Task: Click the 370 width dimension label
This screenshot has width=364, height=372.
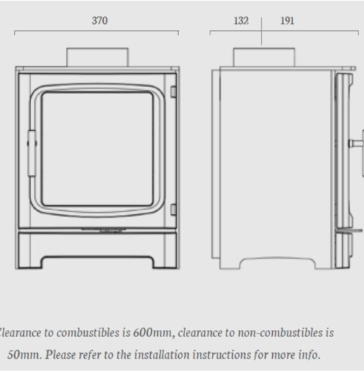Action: click(x=100, y=20)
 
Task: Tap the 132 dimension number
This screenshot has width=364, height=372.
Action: click(x=241, y=20)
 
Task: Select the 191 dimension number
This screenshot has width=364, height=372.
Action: click(x=288, y=20)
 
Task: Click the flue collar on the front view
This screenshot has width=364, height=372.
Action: click(x=97, y=57)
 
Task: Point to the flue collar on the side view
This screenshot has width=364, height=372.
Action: click(x=264, y=57)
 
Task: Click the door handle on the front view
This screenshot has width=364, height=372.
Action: click(x=32, y=153)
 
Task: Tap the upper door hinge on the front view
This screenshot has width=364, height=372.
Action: click(x=173, y=92)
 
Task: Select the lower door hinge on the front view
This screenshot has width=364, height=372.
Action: click(x=173, y=209)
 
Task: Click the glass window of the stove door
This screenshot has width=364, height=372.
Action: click(x=97, y=149)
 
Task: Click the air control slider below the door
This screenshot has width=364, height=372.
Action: click(x=102, y=230)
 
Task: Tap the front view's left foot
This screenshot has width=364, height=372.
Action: click(x=29, y=263)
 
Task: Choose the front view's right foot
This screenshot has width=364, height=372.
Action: click(x=166, y=263)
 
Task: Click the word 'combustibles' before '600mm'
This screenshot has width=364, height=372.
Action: click(x=88, y=333)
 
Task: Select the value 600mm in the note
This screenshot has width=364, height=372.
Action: click(x=152, y=333)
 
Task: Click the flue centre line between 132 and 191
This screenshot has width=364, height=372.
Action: click(x=262, y=31)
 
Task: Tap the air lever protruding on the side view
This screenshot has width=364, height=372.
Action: click(x=349, y=230)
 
